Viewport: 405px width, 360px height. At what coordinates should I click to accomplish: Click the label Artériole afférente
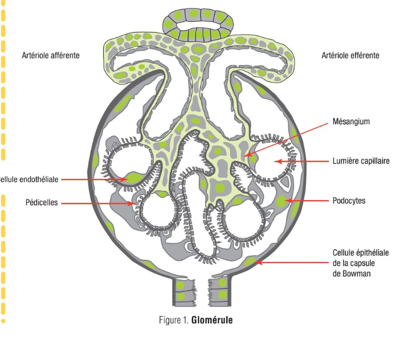[51, 55]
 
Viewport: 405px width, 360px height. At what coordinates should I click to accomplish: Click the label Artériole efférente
[350, 55]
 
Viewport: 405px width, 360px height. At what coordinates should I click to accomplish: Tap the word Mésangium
[352, 122]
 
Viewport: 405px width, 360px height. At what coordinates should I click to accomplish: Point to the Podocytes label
[349, 201]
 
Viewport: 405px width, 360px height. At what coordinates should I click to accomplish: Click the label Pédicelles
[42, 203]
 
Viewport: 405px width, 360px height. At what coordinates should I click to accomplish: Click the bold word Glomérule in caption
[212, 320]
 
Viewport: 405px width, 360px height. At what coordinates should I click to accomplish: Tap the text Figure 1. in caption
[174, 320]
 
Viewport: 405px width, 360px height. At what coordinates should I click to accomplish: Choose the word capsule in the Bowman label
[362, 263]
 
